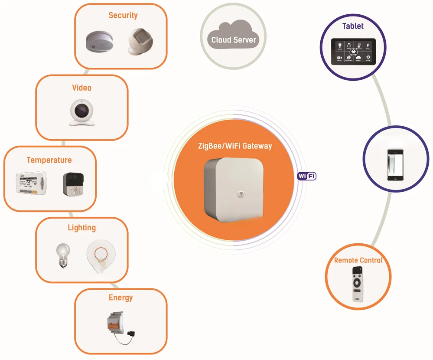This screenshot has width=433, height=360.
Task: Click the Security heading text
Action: [x=123, y=16]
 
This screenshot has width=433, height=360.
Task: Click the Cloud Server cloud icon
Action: [x=234, y=39]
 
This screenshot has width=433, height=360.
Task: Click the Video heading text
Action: [x=81, y=88]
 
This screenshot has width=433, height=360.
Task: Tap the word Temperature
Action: [x=49, y=160]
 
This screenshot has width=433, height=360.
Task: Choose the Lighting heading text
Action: [x=81, y=228]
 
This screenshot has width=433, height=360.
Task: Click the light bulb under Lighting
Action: [x=63, y=255]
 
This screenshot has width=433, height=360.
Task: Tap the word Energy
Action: [x=120, y=298]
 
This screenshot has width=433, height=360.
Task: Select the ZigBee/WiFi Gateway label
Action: [x=234, y=146]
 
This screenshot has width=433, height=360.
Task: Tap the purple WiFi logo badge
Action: [x=306, y=176]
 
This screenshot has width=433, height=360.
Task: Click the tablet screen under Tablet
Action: [x=353, y=52]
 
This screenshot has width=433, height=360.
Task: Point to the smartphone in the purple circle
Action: [x=395, y=164]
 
